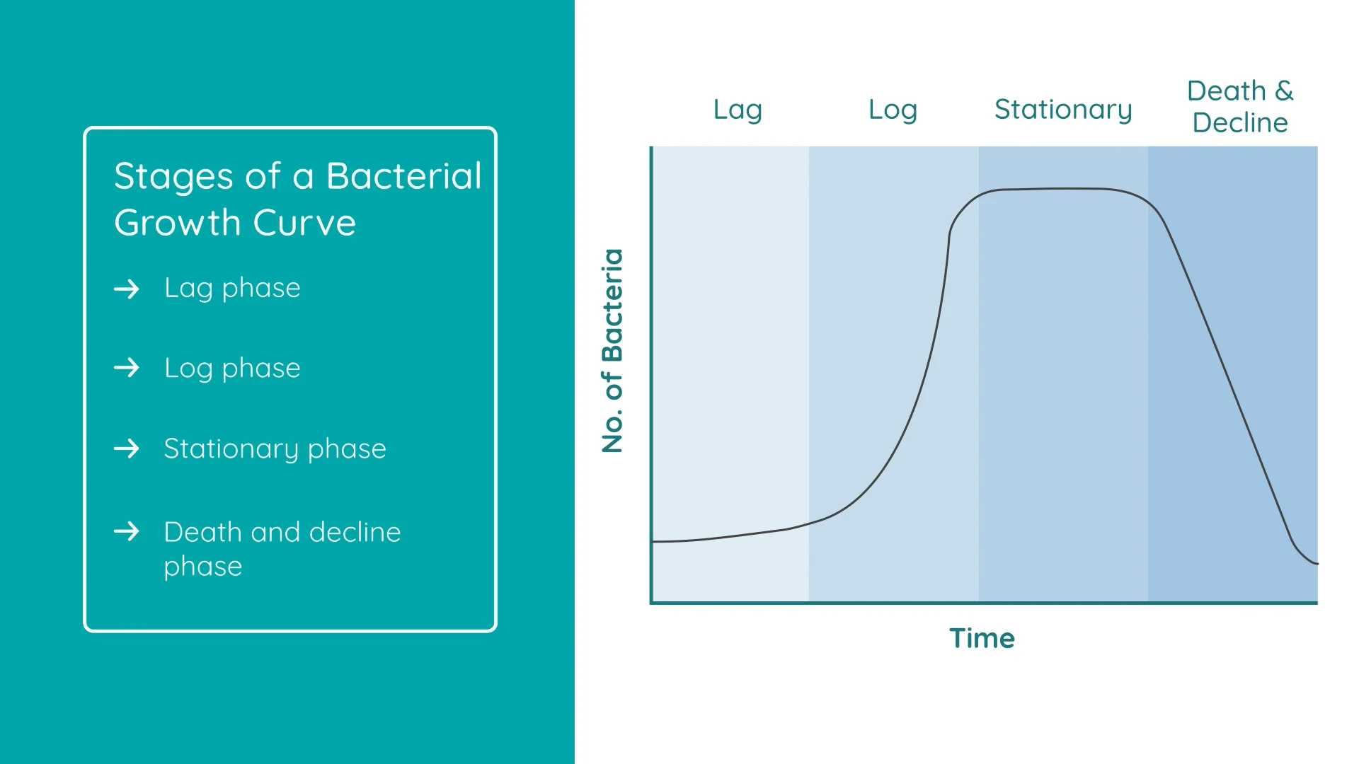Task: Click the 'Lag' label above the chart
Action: (x=738, y=110)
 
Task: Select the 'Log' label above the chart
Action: (x=893, y=110)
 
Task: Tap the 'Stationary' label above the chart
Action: (x=1063, y=110)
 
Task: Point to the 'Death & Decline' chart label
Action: (x=1240, y=107)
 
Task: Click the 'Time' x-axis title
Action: (x=982, y=638)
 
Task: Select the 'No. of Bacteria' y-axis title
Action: (x=613, y=350)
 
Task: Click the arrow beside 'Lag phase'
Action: (x=127, y=289)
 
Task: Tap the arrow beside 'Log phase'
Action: (x=127, y=368)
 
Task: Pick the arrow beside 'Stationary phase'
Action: (x=127, y=448)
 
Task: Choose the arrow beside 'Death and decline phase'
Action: (x=127, y=531)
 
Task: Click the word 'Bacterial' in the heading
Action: (x=404, y=175)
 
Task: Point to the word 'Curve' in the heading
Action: (x=304, y=223)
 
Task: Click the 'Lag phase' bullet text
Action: (x=232, y=289)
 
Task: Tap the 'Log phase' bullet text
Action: (x=232, y=369)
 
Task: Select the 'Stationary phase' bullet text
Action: (x=275, y=449)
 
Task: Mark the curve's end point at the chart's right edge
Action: (x=1317, y=564)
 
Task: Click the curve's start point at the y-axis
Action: (x=652, y=542)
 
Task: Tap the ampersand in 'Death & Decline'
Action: (x=1284, y=91)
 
